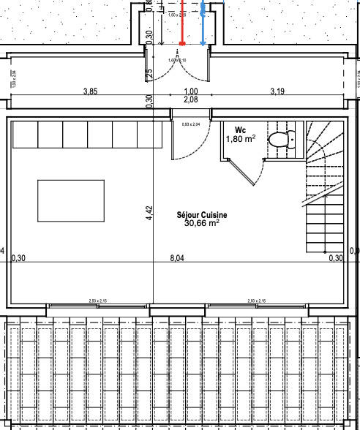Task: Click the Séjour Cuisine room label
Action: [x=201, y=215]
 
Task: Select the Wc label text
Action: [x=240, y=130]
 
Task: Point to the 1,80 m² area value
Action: [x=240, y=138]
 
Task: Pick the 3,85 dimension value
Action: [x=91, y=91]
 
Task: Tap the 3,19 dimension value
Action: [x=277, y=91]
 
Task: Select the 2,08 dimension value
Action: [x=191, y=99]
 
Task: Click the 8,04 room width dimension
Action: [x=176, y=258]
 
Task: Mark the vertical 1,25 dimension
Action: [x=149, y=75]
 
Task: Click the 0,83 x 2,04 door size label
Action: [x=190, y=124]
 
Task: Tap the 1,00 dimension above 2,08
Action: [x=191, y=91]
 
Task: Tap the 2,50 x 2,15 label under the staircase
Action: [x=257, y=301]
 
